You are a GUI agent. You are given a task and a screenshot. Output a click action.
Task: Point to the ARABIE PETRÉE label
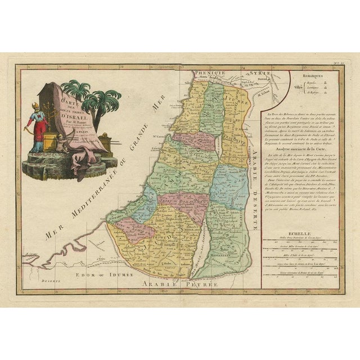click(x=182, y=285)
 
